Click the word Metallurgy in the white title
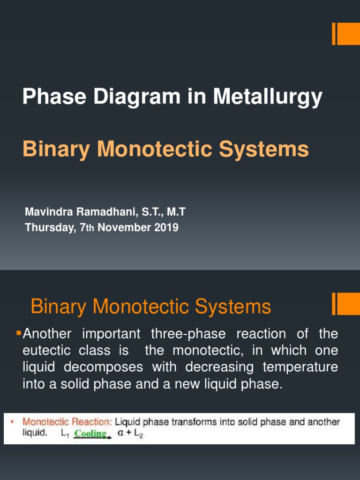[x=268, y=97]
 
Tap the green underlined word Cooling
[x=91, y=434]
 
